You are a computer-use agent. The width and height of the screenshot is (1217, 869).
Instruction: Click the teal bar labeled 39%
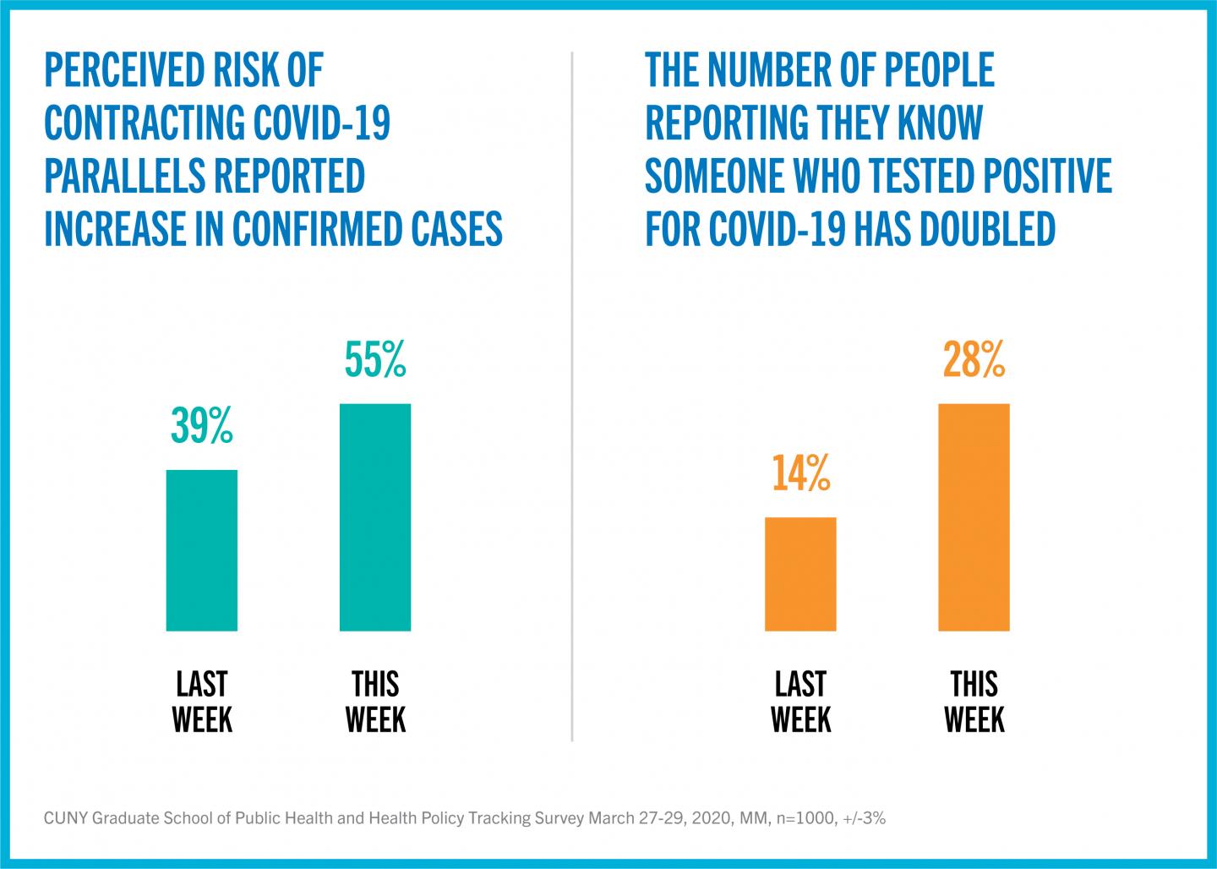pyautogui.click(x=202, y=550)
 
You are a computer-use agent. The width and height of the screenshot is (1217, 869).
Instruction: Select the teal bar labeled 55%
pyautogui.click(x=375, y=517)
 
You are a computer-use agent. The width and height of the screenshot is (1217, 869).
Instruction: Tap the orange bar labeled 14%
pyautogui.click(x=800, y=574)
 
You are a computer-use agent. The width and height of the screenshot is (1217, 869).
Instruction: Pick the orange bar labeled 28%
pyautogui.click(x=974, y=517)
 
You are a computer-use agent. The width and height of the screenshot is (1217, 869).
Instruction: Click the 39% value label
pyautogui.click(x=202, y=426)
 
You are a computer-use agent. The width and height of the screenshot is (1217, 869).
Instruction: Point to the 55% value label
pyautogui.click(x=375, y=360)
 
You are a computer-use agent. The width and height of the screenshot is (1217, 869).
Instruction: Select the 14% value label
pyautogui.click(x=800, y=473)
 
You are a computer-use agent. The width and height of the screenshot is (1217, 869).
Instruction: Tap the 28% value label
pyautogui.click(x=974, y=360)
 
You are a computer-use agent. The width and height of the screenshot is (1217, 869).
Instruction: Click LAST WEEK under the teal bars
pyautogui.click(x=202, y=702)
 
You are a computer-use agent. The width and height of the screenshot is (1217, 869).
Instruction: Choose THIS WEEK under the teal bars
pyautogui.click(x=375, y=702)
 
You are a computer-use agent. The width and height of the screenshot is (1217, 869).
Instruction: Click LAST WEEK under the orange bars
pyautogui.click(x=800, y=702)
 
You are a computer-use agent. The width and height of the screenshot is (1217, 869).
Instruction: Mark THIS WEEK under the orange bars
pyautogui.click(x=974, y=702)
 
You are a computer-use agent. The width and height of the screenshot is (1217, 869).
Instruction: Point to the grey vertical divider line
pyautogui.click(x=572, y=397)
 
